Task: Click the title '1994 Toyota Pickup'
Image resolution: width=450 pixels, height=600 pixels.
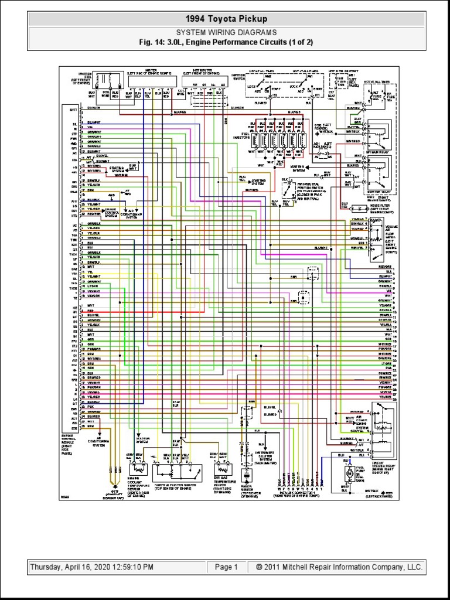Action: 226,19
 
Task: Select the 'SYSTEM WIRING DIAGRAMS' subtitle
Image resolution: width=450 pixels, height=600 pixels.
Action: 226,33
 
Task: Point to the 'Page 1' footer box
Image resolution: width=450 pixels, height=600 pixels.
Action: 226,567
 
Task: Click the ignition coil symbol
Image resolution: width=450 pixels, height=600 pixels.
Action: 107,80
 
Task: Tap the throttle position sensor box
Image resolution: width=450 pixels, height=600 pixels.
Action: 176,471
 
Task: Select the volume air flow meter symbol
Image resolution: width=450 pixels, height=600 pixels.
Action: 376,234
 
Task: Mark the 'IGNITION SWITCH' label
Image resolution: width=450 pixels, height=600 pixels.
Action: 239,76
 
